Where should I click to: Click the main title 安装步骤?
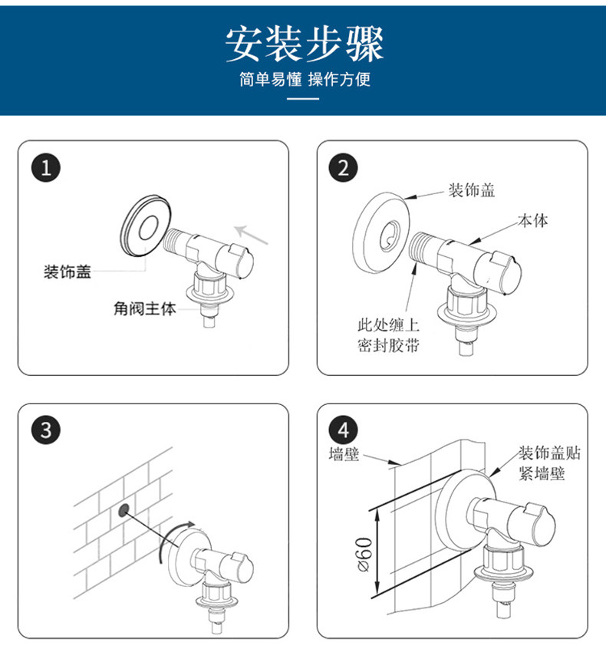(304, 44)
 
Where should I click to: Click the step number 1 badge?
(48, 168)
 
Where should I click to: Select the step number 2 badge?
(343, 168)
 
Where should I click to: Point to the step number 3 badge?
(48, 430)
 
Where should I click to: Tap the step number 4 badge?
(343, 430)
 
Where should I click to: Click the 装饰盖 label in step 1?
(68, 272)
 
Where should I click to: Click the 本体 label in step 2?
(532, 221)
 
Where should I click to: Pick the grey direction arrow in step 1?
(252, 233)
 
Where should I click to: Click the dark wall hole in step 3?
(123, 510)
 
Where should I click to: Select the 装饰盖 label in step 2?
(471, 190)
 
